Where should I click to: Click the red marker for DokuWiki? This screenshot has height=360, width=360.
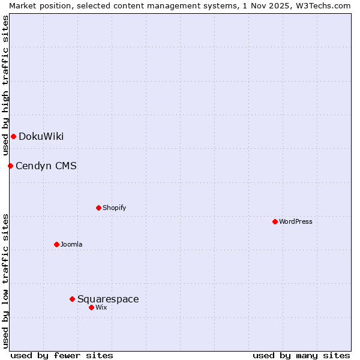pyautogui.click(x=13, y=136)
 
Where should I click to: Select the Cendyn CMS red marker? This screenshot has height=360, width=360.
pyautogui.click(x=10, y=166)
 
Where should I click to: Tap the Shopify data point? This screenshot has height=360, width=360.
pyautogui.click(x=98, y=208)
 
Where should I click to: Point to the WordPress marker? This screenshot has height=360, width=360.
pyautogui.click(x=275, y=221)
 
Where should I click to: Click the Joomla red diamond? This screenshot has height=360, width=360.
pyautogui.click(x=56, y=244)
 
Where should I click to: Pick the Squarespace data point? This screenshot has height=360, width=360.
pyautogui.click(x=72, y=299)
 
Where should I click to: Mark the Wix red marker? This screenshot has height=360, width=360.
pyautogui.click(x=91, y=307)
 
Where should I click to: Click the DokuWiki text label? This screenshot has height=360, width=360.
pyautogui.click(x=41, y=136)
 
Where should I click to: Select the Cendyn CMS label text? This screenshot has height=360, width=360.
pyautogui.click(x=46, y=166)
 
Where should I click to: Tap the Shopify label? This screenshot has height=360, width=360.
pyautogui.click(x=114, y=208)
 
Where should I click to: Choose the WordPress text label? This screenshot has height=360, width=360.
pyautogui.click(x=295, y=221)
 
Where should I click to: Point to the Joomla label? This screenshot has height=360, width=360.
pyautogui.click(x=71, y=244)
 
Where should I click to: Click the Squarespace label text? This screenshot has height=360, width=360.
pyautogui.click(x=108, y=299)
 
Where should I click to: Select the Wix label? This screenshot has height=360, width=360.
pyautogui.click(x=101, y=307)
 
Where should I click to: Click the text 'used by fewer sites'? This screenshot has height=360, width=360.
pyautogui.click(x=62, y=355)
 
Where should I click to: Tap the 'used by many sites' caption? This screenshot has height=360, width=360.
pyautogui.click(x=301, y=355)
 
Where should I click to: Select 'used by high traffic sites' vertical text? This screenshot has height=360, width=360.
pyautogui.click(x=5, y=85)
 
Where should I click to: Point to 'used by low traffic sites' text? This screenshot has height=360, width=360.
pyautogui.click(x=5, y=280)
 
